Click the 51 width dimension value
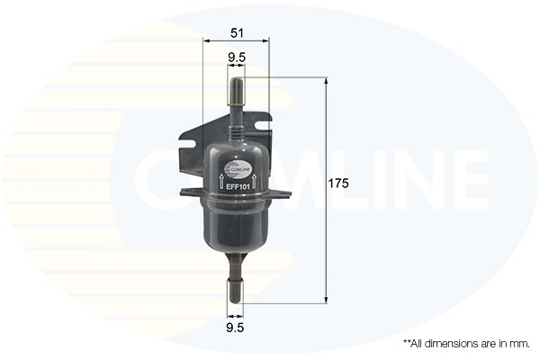point(237,33)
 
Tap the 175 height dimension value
point(337,184)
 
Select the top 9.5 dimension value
point(237,58)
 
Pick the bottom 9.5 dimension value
point(235,328)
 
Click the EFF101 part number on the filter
point(237,186)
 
